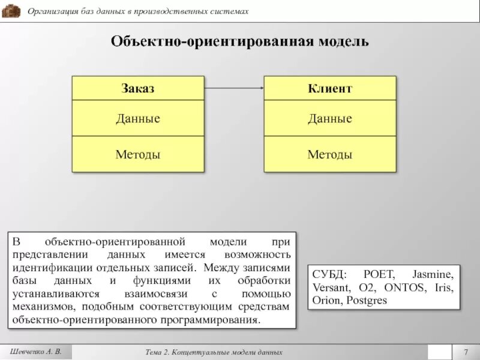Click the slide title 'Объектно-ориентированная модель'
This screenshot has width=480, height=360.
coord(239,42)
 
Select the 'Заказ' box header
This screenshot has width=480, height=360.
coord(138,89)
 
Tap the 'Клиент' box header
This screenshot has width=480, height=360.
coord(330,89)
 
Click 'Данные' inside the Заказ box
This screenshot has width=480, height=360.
coord(138,119)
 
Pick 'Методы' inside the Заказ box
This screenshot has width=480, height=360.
coord(138,155)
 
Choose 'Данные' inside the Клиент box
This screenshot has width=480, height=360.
coord(330,119)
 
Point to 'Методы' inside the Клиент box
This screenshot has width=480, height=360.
coord(330,155)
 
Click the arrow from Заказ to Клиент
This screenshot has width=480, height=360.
coord(234,89)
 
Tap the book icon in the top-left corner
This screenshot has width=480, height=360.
coord(11,11)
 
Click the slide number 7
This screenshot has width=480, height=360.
coord(465,352)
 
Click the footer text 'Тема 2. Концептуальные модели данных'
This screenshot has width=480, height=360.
coord(214,352)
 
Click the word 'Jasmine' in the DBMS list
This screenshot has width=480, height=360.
coord(433,274)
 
